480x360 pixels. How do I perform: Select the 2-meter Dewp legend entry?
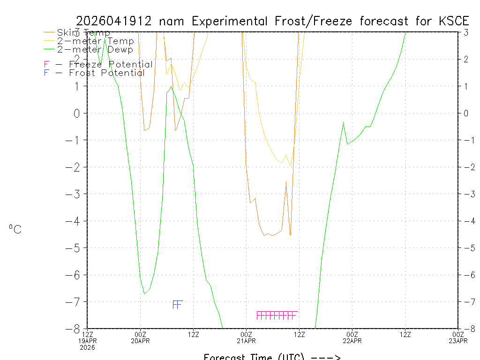click(x=95, y=49)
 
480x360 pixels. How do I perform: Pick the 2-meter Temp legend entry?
click(x=96, y=41)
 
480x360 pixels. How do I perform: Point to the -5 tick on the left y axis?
click(x=77, y=247)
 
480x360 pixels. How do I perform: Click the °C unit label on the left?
click(x=15, y=229)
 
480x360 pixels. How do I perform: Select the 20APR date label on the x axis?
click(x=140, y=341)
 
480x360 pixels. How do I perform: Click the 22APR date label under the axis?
click(x=352, y=341)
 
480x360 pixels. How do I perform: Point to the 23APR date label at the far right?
click(x=458, y=341)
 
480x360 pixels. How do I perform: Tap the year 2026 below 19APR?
click(x=87, y=347)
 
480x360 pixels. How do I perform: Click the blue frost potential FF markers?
click(x=177, y=305)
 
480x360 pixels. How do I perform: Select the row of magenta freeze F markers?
click(x=277, y=315)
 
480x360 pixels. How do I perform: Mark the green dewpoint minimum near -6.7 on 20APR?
click(x=144, y=293)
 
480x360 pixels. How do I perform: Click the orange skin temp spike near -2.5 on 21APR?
click(x=286, y=181)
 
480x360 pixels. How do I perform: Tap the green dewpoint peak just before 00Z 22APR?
click(x=344, y=122)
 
